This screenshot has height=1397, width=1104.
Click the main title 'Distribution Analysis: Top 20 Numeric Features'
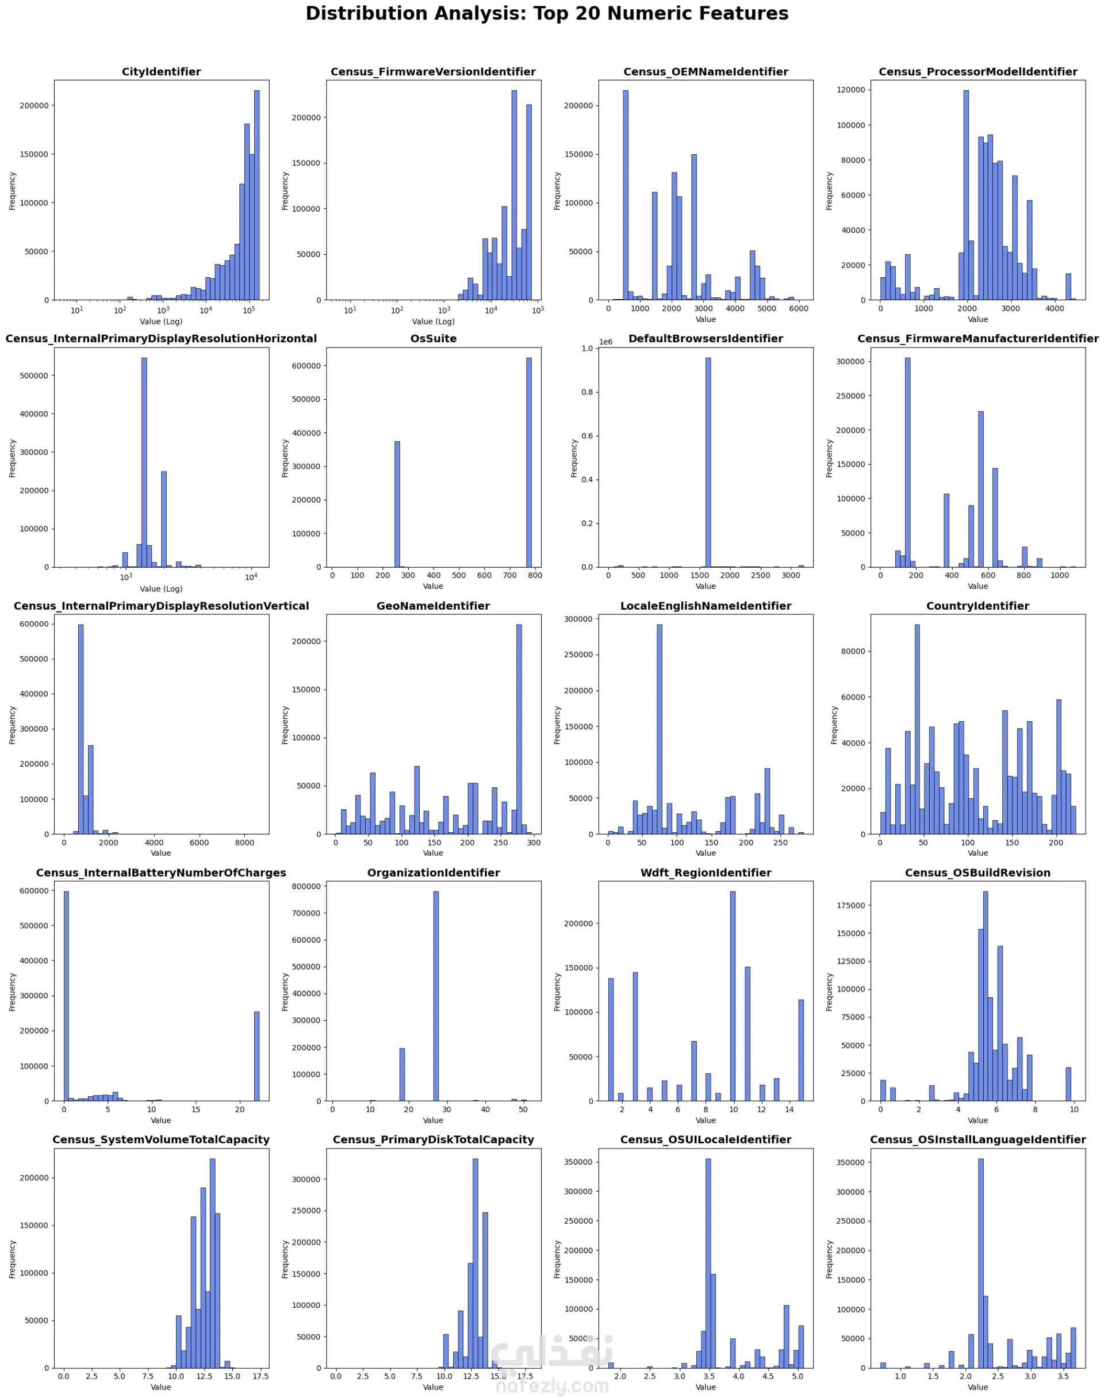click(547, 14)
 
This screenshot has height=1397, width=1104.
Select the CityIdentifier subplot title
click(161, 72)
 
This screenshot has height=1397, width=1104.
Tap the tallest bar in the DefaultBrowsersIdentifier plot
click(708, 462)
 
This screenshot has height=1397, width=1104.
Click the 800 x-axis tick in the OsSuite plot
click(535, 575)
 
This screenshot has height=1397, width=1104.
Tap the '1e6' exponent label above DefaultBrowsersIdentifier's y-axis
click(605, 342)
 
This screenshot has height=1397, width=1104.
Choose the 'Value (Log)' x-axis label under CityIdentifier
click(161, 321)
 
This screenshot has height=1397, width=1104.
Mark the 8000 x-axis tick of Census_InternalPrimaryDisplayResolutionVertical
click(244, 843)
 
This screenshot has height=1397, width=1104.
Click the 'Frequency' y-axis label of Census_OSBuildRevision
click(829, 992)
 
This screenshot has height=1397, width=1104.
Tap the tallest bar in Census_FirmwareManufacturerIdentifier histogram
click(907, 462)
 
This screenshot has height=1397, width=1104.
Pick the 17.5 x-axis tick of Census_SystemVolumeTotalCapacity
click(260, 1376)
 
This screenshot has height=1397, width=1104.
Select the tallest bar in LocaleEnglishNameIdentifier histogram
click(660, 729)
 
